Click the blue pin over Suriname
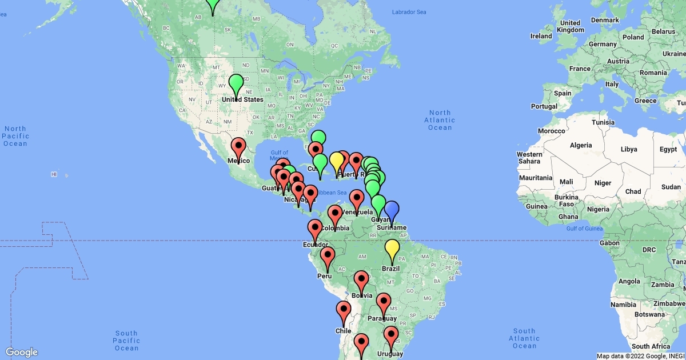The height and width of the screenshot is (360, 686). (392, 210)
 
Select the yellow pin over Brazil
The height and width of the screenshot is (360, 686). (392, 249)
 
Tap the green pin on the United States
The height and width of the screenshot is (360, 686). (236, 83)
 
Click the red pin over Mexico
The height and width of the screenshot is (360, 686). (238, 147)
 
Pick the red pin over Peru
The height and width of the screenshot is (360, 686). (328, 257)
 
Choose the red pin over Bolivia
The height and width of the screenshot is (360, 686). (361, 280)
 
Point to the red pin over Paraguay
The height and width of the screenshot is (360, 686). (384, 302)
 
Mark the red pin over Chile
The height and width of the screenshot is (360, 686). (344, 311)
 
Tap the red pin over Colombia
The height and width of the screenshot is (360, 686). (335, 215)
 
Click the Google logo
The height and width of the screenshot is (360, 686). (22, 352)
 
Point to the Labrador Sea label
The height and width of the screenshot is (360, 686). (409, 12)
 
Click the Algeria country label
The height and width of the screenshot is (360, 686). (580, 145)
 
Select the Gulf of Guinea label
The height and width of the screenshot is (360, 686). (585, 229)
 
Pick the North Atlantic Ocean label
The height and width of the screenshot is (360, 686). (440, 120)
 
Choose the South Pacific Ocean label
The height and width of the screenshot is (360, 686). (126, 341)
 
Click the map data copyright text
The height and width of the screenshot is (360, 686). (640, 356)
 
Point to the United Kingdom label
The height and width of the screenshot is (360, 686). (570, 26)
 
